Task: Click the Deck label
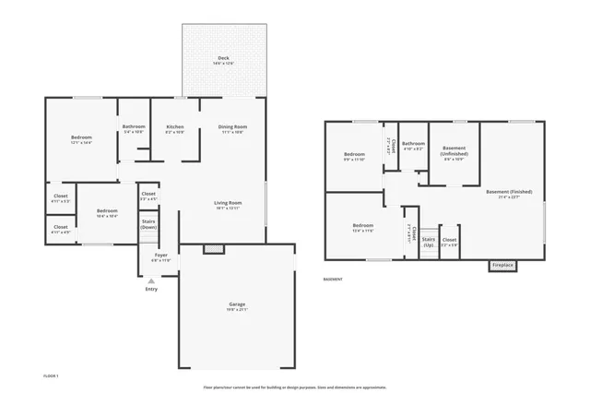[223, 59]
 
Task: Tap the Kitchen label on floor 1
[174, 128]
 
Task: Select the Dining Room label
[232, 128]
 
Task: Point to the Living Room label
[228, 205]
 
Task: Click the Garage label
[237, 305]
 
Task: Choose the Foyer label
[160, 256]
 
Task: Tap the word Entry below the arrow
[151, 290]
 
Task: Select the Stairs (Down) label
[148, 223]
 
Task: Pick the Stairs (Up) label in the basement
[429, 243]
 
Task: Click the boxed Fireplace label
[502, 266]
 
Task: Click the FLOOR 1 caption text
[51, 376]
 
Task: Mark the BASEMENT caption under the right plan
[333, 279]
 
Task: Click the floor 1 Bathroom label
[134, 128]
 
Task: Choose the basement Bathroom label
[413, 145]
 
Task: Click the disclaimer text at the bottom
[295, 387]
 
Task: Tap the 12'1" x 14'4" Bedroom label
[82, 139]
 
